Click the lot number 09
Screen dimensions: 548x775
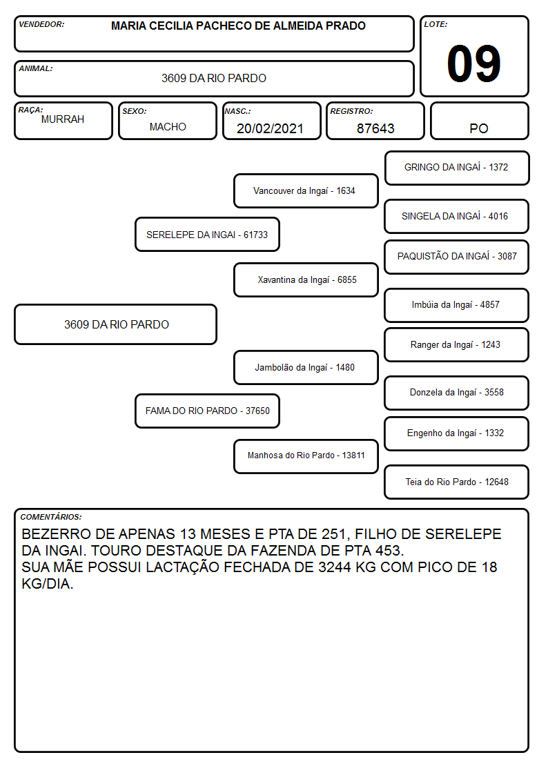[473, 63]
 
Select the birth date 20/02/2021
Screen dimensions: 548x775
[270, 128]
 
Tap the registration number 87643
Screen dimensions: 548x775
[375, 128]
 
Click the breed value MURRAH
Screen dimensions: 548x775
[63, 119]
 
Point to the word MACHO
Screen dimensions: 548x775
[168, 127]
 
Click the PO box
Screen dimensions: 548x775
[479, 121]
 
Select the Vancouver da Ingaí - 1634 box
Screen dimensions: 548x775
[306, 190]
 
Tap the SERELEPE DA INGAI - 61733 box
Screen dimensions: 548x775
[207, 234]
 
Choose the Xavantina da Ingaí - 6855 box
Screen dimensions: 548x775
[306, 279]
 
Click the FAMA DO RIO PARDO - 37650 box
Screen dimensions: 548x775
[207, 411]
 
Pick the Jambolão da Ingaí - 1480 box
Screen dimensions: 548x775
[306, 367]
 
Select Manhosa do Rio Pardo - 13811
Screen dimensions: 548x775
[306, 455]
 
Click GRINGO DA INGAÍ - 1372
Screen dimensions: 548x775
[457, 168]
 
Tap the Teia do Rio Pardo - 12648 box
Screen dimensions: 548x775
[457, 482]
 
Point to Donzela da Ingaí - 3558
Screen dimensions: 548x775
[457, 393]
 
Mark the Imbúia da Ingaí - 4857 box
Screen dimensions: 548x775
[457, 305]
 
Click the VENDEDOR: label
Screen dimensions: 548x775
[41, 24]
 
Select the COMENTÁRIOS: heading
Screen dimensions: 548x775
[51, 517]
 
